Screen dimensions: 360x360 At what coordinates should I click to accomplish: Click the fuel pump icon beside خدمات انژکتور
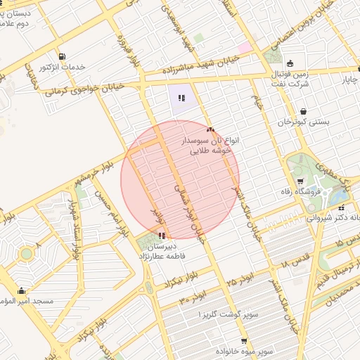pos(63,56)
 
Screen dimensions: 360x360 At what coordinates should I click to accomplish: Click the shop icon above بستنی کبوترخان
pos(303,110)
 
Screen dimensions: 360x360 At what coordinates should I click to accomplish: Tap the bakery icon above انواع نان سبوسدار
pos(210,129)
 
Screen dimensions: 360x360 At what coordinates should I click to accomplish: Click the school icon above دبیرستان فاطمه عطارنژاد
pos(163,236)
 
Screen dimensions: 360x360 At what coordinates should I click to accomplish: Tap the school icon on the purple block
pos(181,98)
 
